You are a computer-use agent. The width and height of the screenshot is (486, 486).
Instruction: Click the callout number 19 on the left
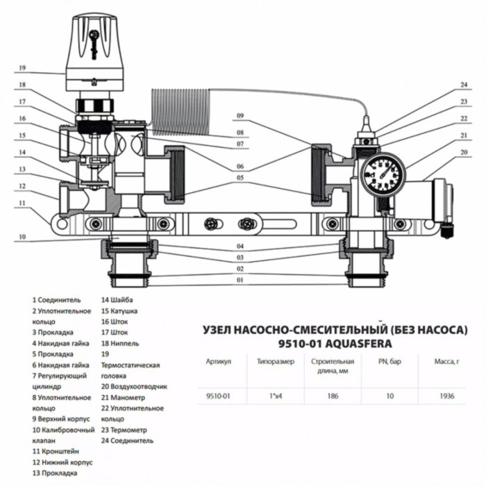pos(22,68)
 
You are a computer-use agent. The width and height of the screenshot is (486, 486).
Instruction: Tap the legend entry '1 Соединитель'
pos(56,300)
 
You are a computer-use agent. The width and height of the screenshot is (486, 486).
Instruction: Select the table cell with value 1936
pos(446,396)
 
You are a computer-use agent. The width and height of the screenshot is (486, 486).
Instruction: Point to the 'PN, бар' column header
pos(390,362)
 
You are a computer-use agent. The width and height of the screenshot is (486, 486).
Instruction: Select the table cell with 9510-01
pos(219,396)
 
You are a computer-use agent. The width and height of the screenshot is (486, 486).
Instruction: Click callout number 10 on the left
pos(22,237)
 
